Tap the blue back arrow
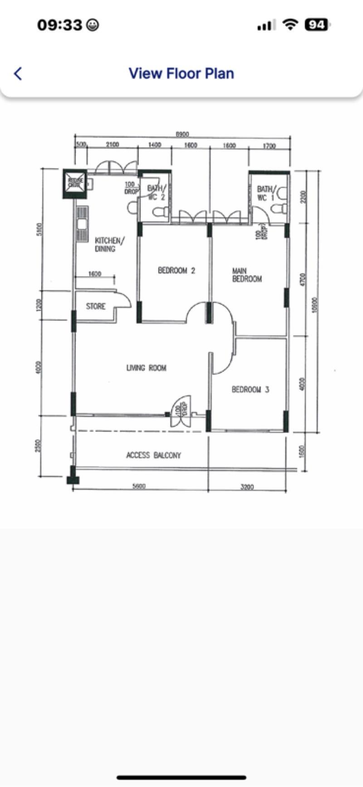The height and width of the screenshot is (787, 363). tap(18, 73)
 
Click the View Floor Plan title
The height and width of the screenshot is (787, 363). tap(181, 73)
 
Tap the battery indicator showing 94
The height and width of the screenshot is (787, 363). tap(316, 25)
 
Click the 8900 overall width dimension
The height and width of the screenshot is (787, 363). tap(182, 134)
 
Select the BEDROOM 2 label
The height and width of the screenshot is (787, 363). tap(177, 271)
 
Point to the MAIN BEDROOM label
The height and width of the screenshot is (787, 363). tap(247, 275)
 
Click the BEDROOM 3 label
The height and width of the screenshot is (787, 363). tap(250, 389)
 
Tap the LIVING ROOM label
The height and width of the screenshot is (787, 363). tap(146, 368)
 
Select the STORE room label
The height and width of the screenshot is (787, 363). tap(96, 307)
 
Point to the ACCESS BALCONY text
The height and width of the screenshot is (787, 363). tap(153, 455)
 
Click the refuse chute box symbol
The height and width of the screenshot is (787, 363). tap(75, 183)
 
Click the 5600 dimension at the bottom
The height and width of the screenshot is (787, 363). tap(139, 487)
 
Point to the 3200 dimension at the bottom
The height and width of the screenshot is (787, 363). tap(247, 487)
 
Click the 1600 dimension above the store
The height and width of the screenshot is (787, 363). tap(94, 274)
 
